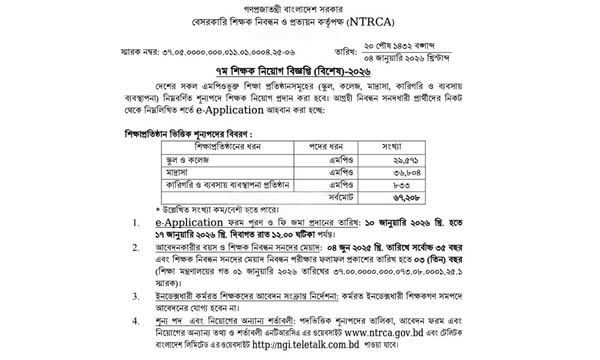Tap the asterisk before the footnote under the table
tap(158, 209)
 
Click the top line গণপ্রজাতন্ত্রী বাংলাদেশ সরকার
tap(300, 9)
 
